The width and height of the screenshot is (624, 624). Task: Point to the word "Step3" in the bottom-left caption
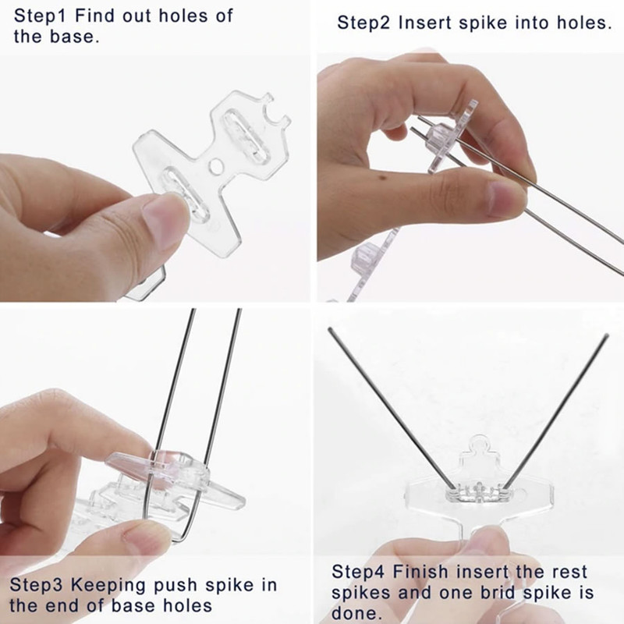(x=37, y=586)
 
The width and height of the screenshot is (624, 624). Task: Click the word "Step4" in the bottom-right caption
(x=358, y=572)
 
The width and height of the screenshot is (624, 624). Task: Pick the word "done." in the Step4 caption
(x=354, y=613)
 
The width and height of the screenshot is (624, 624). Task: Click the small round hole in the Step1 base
(x=215, y=166)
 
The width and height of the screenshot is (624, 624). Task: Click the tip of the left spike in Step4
(x=329, y=329)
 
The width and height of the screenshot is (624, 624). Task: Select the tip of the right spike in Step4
(x=607, y=335)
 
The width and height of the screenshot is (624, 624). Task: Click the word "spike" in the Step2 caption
(x=483, y=23)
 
